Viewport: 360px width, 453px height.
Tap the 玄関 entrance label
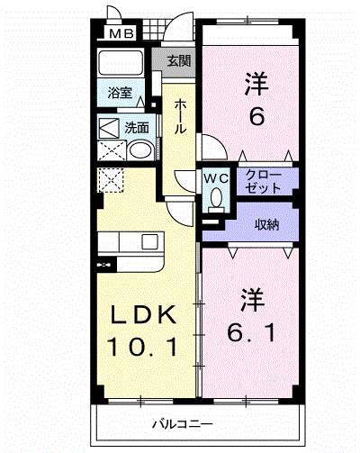tap(179, 61)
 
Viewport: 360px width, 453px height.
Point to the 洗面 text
tap(137, 127)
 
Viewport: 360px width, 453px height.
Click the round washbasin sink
tap(140, 152)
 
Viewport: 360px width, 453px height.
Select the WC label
tap(216, 177)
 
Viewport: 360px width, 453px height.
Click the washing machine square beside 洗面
tap(109, 128)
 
